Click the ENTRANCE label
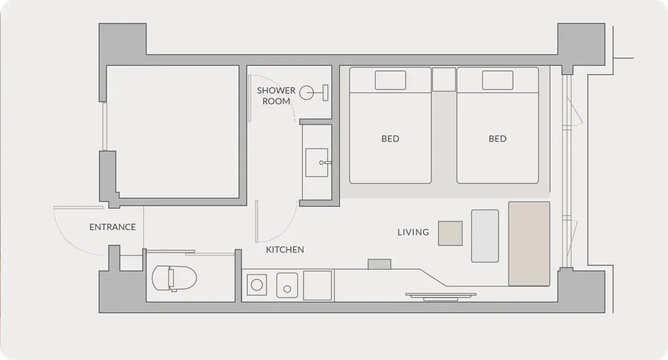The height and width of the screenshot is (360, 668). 113,227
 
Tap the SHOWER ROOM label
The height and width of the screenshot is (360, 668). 276,96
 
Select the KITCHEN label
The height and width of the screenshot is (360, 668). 285,250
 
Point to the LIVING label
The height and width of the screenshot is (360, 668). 413,232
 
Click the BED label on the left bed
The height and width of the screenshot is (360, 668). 390,139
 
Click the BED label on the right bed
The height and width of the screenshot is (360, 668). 497,139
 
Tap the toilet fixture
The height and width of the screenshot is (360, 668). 174,278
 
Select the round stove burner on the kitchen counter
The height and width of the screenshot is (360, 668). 257,285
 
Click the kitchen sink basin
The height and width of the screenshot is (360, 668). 287,285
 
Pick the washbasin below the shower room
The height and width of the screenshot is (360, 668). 317,162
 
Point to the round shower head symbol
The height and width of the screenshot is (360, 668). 306,92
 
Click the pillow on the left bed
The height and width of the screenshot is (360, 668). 390,80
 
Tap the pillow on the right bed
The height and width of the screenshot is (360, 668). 497,80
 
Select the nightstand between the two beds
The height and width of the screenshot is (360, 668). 444,79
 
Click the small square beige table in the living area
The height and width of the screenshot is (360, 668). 450,233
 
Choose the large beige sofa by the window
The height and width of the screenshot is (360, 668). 529,244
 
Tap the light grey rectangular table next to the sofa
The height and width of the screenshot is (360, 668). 485,236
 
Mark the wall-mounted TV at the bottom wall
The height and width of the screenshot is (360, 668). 440,296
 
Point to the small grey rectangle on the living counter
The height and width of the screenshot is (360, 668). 379,264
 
